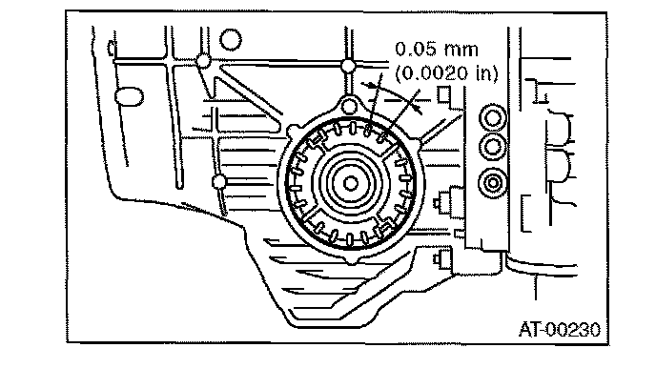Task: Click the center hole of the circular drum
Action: [352, 181]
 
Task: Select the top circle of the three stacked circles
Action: [493, 118]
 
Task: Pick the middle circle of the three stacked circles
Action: [493, 147]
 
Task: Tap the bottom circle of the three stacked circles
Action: [493, 180]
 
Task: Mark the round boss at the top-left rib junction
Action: [202, 61]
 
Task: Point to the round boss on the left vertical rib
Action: [219, 180]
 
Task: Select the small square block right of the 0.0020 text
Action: [442, 94]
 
